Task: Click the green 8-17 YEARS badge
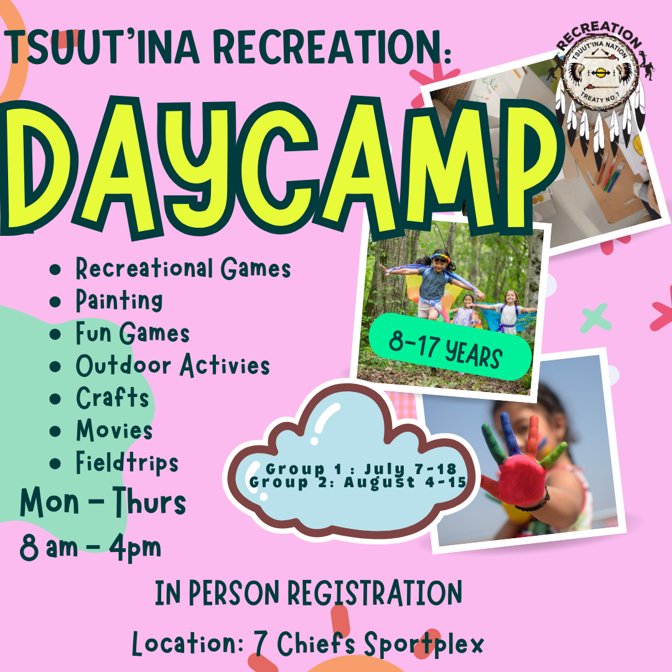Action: pyautogui.click(x=450, y=347)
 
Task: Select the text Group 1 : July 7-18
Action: pyautogui.click(x=361, y=469)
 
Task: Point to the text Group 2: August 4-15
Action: pyautogui.click(x=358, y=482)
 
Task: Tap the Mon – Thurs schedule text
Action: pyautogui.click(x=103, y=502)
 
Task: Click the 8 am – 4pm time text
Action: pyautogui.click(x=90, y=548)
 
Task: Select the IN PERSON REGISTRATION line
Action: pyautogui.click(x=309, y=593)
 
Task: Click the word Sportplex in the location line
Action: pyautogui.click(x=424, y=644)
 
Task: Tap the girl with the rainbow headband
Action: pyautogui.click(x=434, y=284)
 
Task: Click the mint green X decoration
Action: pyautogui.click(x=595, y=318)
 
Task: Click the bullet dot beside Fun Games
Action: pyautogui.click(x=55, y=334)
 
